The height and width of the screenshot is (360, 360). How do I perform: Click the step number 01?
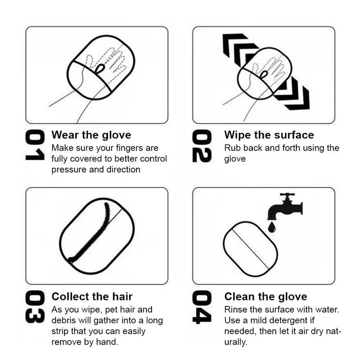(x=35, y=145)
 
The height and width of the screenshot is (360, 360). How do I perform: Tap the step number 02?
(x=201, y=146)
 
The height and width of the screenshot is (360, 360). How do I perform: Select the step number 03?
(x=35, y=307)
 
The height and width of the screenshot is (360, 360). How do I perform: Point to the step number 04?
(x=201, y=307)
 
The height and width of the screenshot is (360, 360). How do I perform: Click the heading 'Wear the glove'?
(x=91, y=135)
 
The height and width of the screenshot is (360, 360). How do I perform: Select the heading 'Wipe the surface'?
(x=269, y=135)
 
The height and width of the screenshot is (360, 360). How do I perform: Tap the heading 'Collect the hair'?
(x=92, y=296)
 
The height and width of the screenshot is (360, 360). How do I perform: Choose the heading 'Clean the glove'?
(x=266, y=296)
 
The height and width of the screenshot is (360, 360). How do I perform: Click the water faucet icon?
(x=285, y=206)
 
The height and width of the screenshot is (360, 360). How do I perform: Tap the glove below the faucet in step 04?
(x=250, y=249)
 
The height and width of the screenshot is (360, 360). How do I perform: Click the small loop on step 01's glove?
(x=100, y=68)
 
